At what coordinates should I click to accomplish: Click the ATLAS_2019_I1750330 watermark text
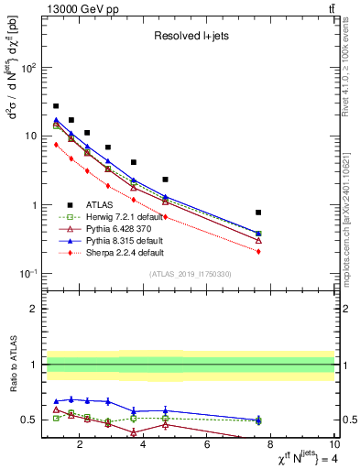coord(190,274)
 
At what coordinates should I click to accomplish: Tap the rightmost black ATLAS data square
coord(258,213)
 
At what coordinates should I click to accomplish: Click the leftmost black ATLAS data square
coord(56,106)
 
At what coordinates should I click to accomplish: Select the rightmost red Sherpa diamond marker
coord(258,251)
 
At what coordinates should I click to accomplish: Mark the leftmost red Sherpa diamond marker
coord(56,144)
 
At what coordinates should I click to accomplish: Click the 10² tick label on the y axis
coord(28,68)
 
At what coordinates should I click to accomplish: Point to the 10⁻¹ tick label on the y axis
coord(27,274)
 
